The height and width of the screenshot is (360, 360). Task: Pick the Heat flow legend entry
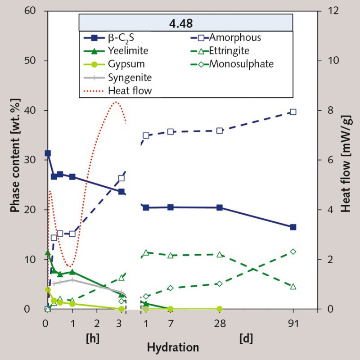[130, 90]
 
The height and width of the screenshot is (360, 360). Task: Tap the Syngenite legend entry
[130, 77]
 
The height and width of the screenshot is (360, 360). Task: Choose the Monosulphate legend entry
[241, 64]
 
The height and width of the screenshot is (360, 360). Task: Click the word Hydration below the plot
[173, 347]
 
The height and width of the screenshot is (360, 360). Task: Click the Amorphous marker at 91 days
[293, 112]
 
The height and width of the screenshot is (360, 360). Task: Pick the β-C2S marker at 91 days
[293, 227]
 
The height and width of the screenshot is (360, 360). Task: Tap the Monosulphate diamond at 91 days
[293, 252]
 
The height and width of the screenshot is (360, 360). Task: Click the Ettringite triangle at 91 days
[293, 286]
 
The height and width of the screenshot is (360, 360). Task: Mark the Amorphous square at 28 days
[220, 130]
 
